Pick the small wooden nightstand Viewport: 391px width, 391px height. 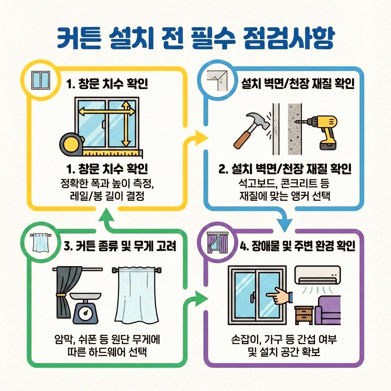click(304, 315)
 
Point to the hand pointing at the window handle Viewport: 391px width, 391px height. click(280, 296)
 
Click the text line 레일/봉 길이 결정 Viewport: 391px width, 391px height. click(107, 197)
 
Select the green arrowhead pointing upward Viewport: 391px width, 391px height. click(107, 217)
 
